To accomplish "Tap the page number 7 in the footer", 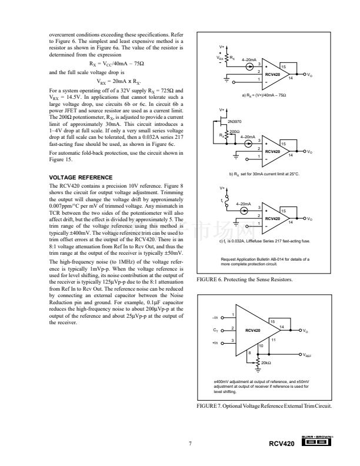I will coord(190,442).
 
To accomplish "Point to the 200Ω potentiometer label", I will coord(234,131).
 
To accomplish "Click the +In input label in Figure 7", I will coord(214,342).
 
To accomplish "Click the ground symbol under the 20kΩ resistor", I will coord(275,370).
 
